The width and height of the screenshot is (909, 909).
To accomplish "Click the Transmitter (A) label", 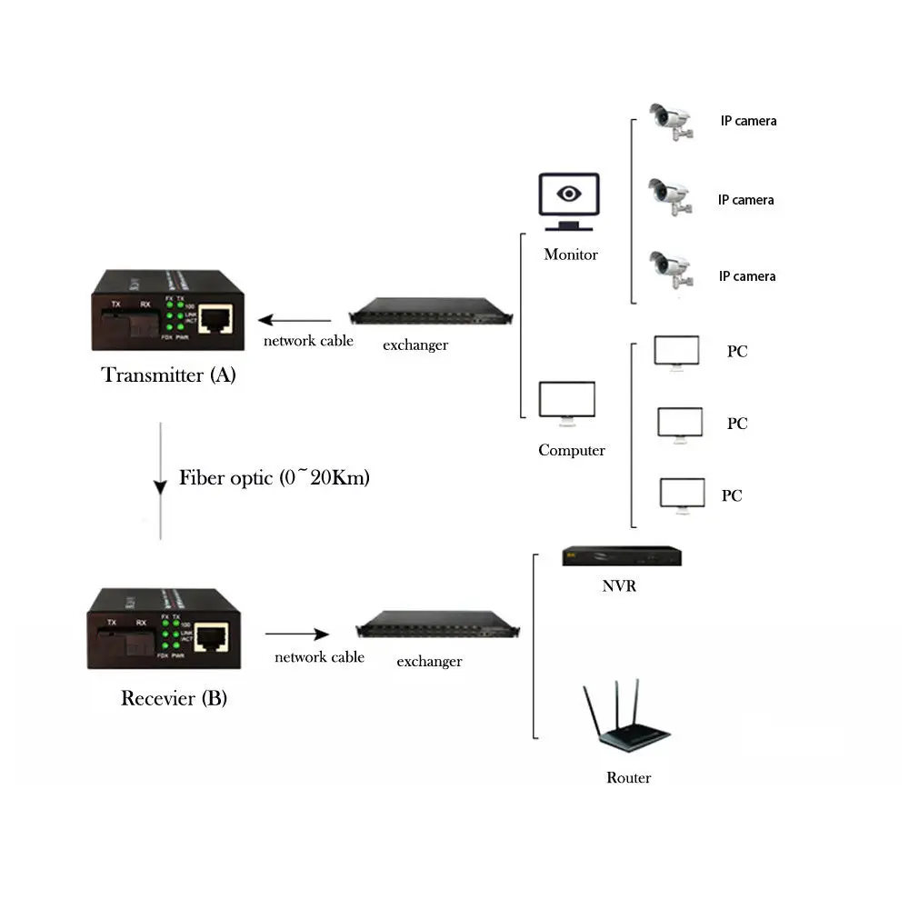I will click(168, 375).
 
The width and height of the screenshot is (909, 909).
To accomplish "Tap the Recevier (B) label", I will click(174, 698).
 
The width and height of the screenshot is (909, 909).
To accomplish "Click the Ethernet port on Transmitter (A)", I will click(215, 317).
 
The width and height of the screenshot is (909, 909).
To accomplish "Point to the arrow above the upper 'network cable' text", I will click(295, 320).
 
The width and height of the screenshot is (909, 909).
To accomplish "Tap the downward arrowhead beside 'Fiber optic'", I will click(161, 487).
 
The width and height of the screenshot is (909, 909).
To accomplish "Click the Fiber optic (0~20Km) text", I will click(274, 477).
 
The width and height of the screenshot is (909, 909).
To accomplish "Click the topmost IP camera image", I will click(670, 121).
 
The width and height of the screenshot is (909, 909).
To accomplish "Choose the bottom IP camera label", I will click(747, 275).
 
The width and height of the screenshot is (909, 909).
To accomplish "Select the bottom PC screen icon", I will click(682, 494).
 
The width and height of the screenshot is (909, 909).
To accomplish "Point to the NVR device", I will click(621, 556).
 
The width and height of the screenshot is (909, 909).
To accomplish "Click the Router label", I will click(628, 777).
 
